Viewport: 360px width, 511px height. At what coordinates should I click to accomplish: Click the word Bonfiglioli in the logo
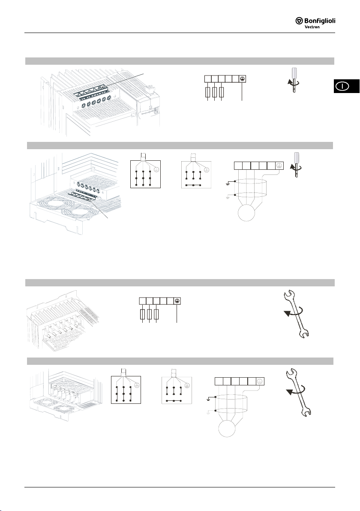click(x=320, y=21)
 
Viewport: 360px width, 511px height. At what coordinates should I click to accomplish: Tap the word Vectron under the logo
click(x=312, y=27)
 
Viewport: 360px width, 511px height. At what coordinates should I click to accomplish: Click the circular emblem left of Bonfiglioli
click(x=299, y=21)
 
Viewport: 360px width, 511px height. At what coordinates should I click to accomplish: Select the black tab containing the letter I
click(x=346, y=86)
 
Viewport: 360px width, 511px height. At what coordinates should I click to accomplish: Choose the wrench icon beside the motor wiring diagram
click(x=298, y=392)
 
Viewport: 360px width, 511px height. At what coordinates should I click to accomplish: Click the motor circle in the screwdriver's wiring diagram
click(x=246, y=213)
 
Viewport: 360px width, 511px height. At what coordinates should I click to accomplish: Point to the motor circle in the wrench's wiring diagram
click(x=227, y=428)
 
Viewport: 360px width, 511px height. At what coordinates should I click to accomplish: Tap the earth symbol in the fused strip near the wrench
click(x=177, y=301)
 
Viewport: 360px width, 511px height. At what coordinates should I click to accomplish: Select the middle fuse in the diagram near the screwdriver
click(x=214, y=92)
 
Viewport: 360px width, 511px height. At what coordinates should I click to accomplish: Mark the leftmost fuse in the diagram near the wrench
click(x=142, y=314)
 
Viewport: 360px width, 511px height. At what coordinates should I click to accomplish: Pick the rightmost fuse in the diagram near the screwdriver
click(x=222, y=92)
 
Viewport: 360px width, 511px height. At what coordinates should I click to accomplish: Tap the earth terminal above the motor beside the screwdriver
click(x=279, y=165)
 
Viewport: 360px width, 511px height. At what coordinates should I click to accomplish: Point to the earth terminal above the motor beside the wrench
click(x=260, y=381)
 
